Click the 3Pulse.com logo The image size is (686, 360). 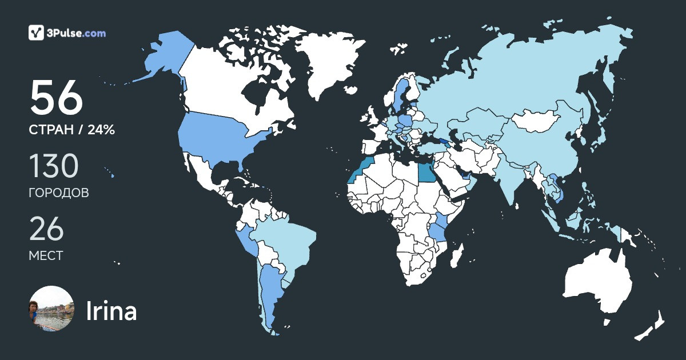pos(67,33)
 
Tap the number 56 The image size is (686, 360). pos(57,98)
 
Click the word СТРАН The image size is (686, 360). pos(51,130)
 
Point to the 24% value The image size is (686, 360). pos(101,130)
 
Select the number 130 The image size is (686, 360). pos(53,166)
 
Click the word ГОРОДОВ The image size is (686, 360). pos(59,193)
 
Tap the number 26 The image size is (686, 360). pos(46,229)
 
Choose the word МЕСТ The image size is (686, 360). pos(46,255)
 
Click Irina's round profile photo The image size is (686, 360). pos(51,309)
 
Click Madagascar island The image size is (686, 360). pos(456,255)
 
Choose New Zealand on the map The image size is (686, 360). pos(652,326)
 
